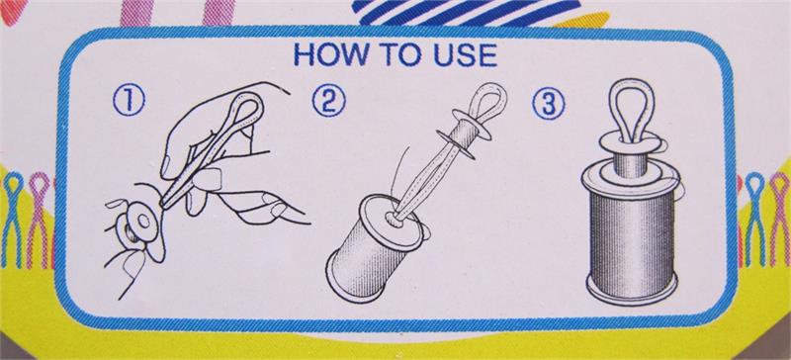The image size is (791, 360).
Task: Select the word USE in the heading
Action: click(x=465, y=54)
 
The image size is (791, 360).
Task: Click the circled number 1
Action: click(x=129, y=101)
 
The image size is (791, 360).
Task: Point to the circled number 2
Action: click(x=329, y=101)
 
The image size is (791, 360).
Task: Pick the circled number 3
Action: click(x=549, y=105)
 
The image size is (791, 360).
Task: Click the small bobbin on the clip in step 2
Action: click(x=460, y=136)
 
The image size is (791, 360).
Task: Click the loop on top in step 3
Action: click(x=631, y=109)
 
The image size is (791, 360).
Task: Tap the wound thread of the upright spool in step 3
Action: click(x=632, y=238)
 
